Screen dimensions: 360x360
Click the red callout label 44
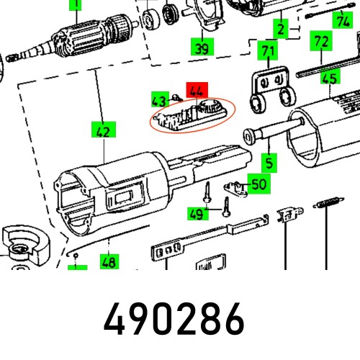tap(196, 91)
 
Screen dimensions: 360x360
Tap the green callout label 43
tap(160, 100)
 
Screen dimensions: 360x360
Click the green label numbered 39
tap(202, 48)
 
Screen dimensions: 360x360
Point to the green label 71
tap(268, 51)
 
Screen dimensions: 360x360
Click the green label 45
tap(330, 79)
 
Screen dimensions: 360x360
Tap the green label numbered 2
tap(279, 30)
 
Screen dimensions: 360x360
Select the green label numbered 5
tap(268, 163)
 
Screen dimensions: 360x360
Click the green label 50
tap(257, 184)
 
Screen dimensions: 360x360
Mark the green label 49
tap(195, 213)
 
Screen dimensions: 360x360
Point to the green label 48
tap(109, 263)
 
